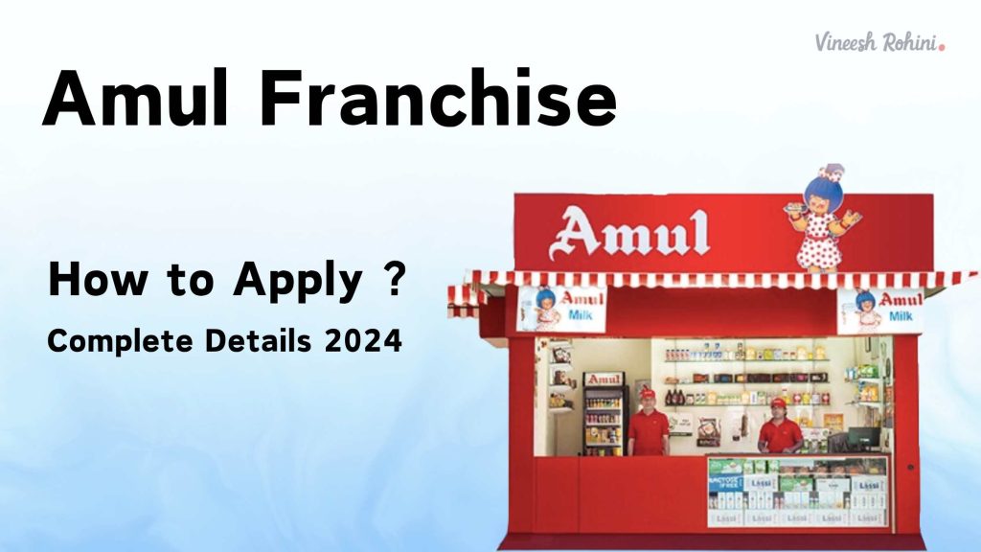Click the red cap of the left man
(648, 393)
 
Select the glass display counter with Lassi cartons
(798, 491)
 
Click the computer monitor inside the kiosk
(865, 438)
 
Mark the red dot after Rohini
(943, 44)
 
